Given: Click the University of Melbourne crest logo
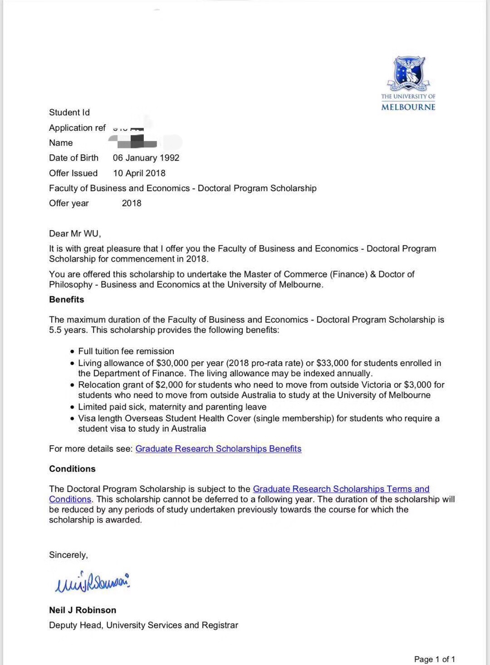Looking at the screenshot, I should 408,73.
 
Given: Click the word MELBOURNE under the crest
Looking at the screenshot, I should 408,107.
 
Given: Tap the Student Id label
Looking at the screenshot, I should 69,113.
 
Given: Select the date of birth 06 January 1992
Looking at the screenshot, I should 146,158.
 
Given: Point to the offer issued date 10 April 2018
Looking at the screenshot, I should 139,173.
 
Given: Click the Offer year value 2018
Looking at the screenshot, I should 132,203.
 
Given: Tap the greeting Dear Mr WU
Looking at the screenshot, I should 75,234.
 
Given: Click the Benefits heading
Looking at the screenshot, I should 67,300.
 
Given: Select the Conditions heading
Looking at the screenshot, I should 72,469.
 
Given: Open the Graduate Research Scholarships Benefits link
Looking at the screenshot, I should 218,449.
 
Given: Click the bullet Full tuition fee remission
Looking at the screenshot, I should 126,351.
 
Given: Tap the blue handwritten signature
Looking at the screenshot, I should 92,582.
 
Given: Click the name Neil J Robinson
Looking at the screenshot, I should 83,610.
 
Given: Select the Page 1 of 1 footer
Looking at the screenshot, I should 434,659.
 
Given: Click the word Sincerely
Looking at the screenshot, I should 69,555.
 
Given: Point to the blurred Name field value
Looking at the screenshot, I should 136,143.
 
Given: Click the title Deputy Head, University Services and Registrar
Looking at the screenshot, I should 143,626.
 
